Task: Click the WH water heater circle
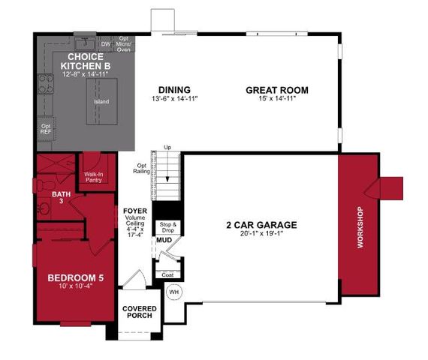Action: point(174,291)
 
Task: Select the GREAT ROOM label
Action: point(277,91)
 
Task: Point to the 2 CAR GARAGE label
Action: point(262,224)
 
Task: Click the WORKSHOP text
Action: point(358,228)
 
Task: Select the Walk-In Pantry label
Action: point(94,177)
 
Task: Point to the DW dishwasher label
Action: point(106,44)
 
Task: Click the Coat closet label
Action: point(167,275)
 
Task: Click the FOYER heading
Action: point(135,211)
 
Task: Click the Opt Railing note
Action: point(141,168)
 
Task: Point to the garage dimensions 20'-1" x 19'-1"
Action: point(262,233)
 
